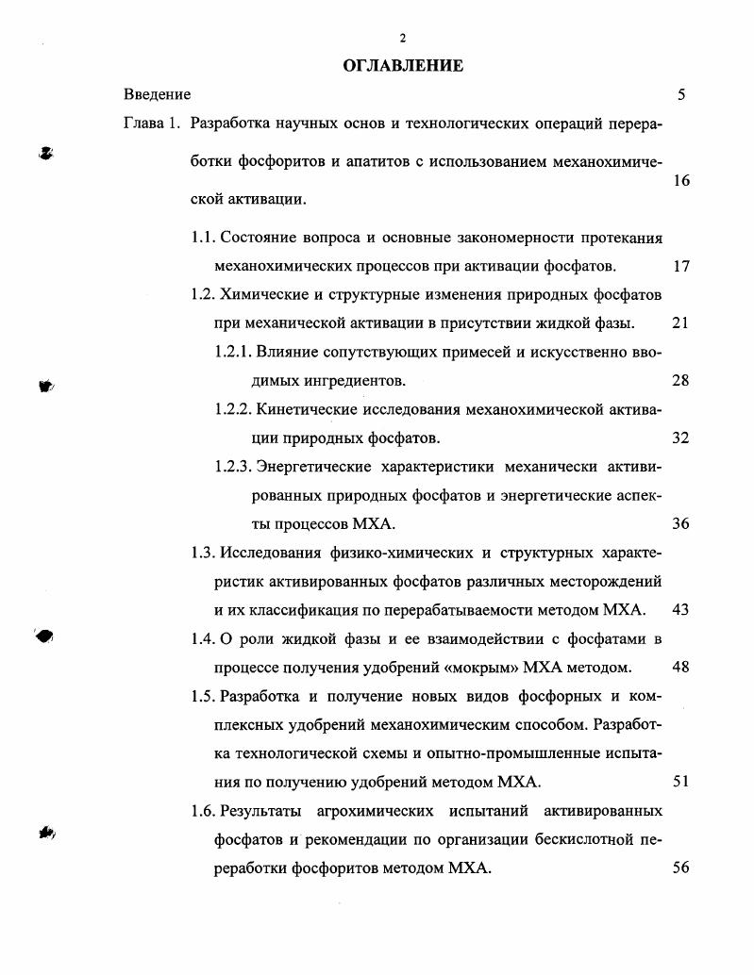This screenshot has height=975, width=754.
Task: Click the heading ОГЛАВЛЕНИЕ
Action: pos(402,65)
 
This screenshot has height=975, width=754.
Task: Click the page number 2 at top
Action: pos(402,38)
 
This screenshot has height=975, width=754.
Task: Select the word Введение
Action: pos(157,94)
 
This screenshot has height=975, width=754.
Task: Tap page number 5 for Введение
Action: pos(680,94)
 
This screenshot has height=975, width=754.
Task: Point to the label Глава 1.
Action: pos(151,124)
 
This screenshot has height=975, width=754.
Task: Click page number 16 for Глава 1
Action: pos(680,181)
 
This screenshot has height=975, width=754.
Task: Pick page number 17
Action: pos(680,266)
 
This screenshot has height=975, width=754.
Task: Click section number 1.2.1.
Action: pos(232,352)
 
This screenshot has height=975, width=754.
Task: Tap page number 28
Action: pos(680,381)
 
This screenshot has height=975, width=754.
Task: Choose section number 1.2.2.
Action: pos(232,409)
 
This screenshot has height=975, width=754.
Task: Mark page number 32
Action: pos(680,438)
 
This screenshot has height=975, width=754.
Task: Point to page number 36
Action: pos(680,524)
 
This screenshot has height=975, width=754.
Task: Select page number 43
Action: pos(680,610)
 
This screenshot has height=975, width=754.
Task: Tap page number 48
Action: pos(680,668)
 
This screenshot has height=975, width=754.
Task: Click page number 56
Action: pos(680,868)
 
